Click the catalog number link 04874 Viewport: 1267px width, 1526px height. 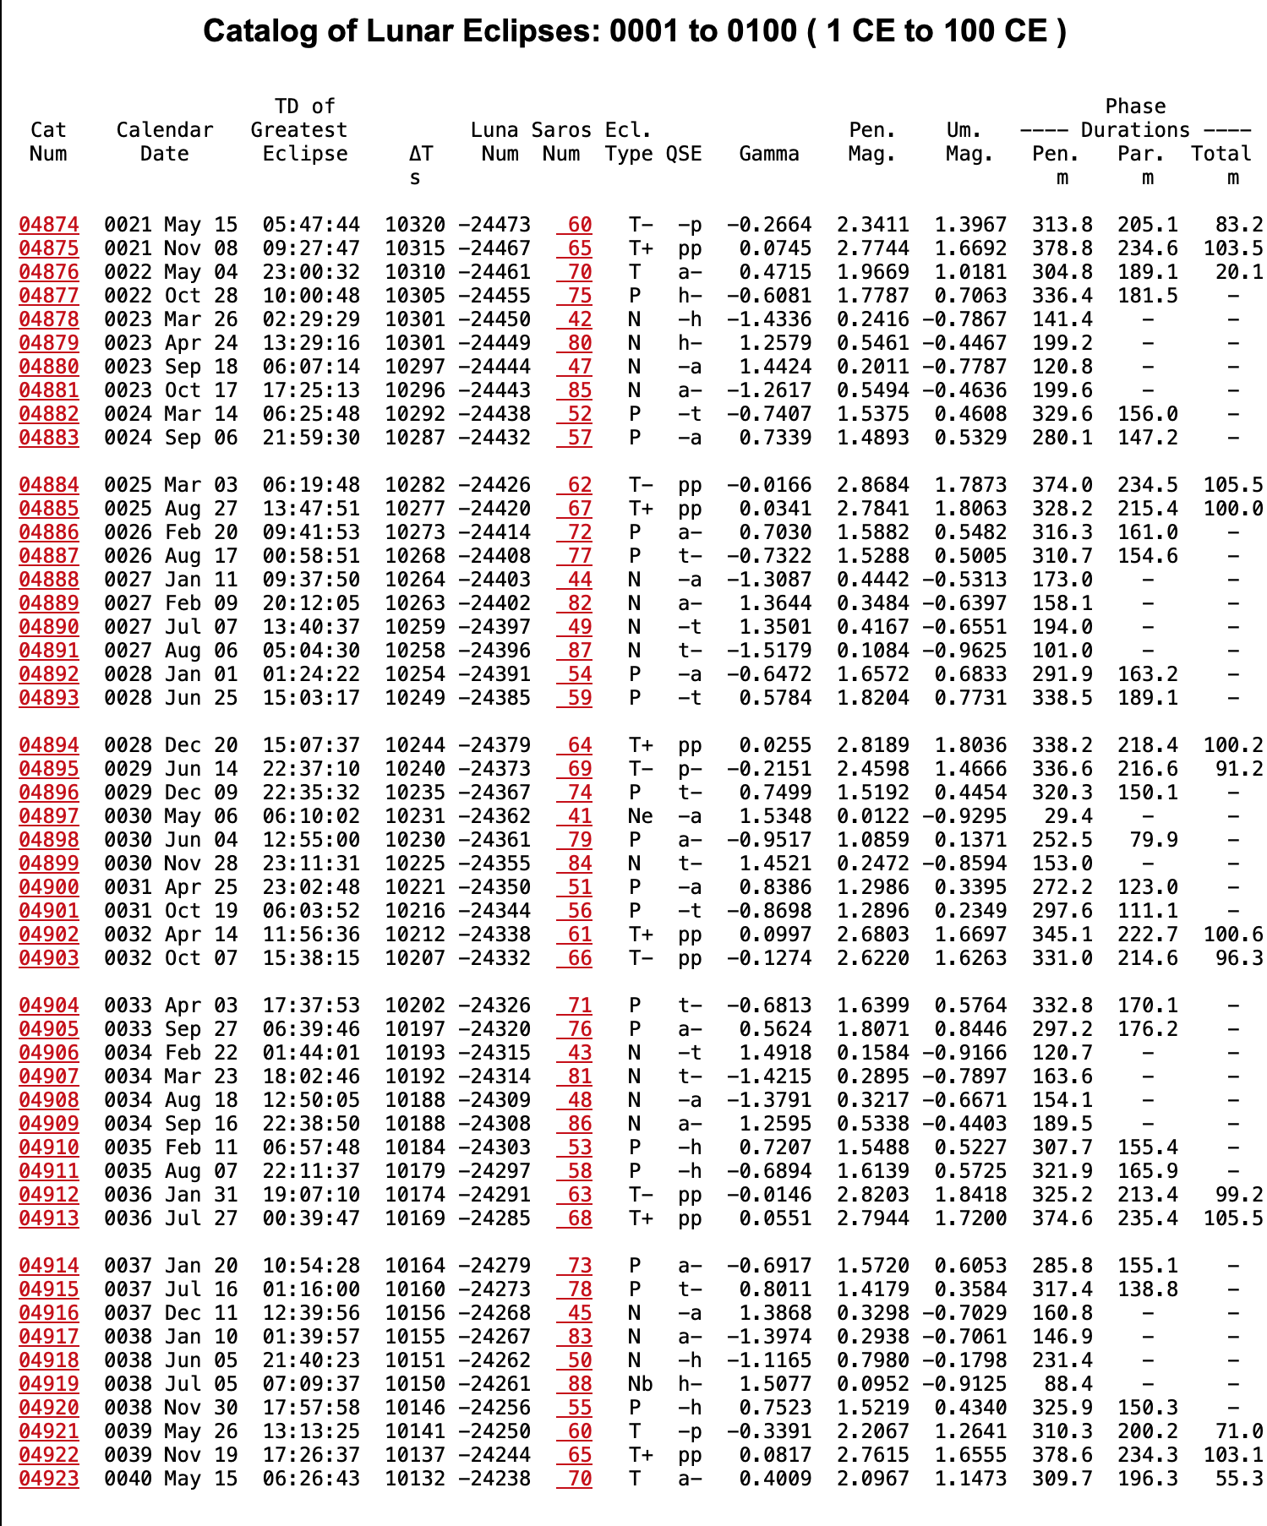click(x=49, y=225)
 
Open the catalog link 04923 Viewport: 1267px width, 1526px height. click(x=49, y=1479)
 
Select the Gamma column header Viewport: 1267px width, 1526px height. click(x=768, y=154)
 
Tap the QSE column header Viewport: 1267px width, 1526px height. click(x=683, y=154)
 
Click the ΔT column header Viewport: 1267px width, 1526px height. click(x=420, y=154)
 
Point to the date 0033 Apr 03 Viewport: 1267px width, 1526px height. click(x=171, y=1006)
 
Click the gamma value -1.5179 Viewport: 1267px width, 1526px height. click(x=768, y=651)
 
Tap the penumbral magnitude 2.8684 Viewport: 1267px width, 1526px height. click(x=872, y=485)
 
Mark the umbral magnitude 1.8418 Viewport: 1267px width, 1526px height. click(x=970, y=1195)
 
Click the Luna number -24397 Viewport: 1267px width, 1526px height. click(x=494, y=627)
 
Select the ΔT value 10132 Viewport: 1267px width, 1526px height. click(x=415, y=1479)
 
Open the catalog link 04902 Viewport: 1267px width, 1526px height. click(x=49, y=935)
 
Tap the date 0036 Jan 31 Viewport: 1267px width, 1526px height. click(x=171, y=1195)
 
